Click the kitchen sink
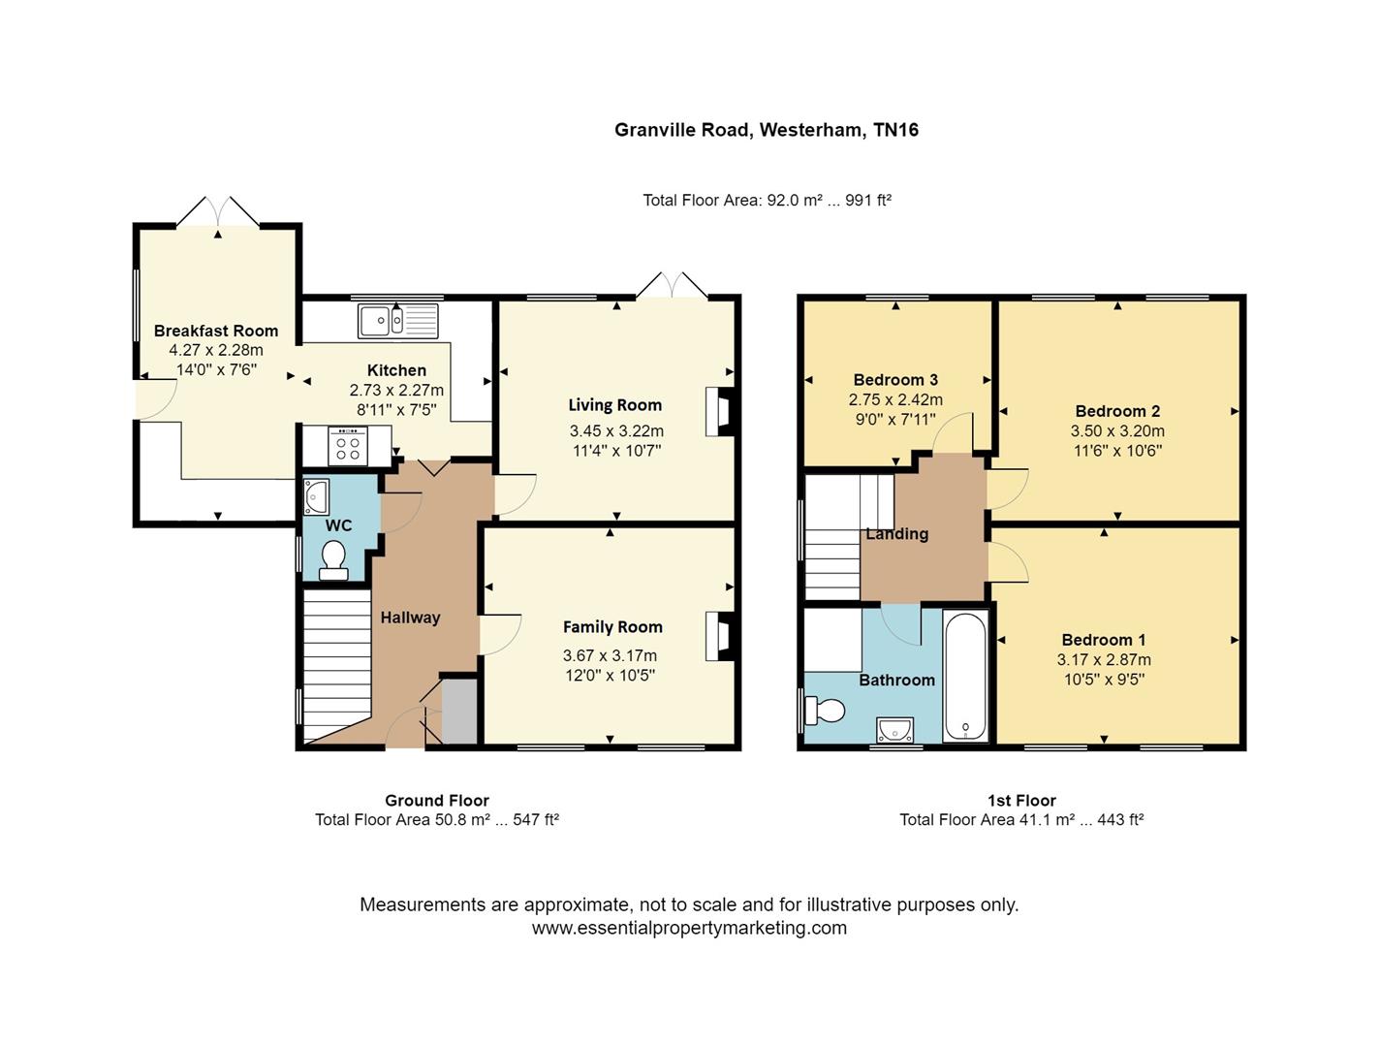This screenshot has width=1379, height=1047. pos(397,320)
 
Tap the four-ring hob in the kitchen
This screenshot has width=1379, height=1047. pos(348,445)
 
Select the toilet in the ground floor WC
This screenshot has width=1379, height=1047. pos(333,560)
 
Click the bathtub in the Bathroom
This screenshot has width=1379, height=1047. pos(965,677)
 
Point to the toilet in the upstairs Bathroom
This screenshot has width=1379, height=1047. pos(826,712)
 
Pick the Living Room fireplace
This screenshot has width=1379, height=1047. pos(720,412)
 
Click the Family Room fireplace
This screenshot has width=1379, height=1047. pos(720,636)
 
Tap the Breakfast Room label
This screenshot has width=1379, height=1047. pos(216,331)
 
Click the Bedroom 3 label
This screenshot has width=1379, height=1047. pos(895,380)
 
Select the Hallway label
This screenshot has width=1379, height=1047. pos(410,618)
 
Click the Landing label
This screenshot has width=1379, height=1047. pos(896,533)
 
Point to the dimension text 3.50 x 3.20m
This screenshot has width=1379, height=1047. pos(1117,431)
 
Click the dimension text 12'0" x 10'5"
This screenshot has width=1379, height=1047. pos(610,676)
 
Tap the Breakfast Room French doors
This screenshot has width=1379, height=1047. pos(217,210)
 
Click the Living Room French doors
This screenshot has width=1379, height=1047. pos(672,285)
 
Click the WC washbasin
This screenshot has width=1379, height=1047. pos(316,495)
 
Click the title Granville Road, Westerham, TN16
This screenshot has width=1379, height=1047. pos(767,130)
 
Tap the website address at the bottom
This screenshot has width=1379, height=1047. pos(689,928)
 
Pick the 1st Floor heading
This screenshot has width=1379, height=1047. pos(1021,801)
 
